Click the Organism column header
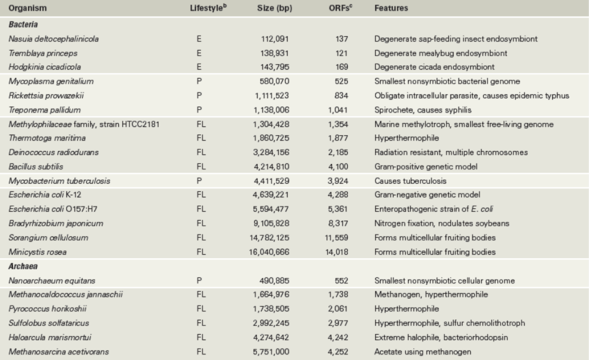pyautogui.click(x=27, y=8)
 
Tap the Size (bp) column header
pyautogui.click(x=275, y=8)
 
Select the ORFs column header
pyautogui.click(x=340, y=8)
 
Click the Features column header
pyautogui.click(x=391, y=8)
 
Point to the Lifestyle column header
pyautogui.click(x=208, y=8)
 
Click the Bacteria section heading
pyautogui.click(x=23, y=25)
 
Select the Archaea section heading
pyautogui.click(x=23, y=266)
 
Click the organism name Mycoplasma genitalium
pyautogui.click(x=51, y=81)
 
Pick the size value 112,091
pyautogui.click(x=275, y=39)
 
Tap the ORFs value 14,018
pyautogui.click(x=337, y=252)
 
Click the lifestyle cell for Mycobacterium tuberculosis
pyautogui.click(x=199, y=181)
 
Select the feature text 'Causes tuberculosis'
pyautogui.click(x=410, y=181)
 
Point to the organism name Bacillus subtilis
pyautogui.click(x=36, y=167)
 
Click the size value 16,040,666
pyautogui.click(x=269, y=252)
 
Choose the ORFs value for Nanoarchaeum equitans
pyautogui.click(x=342, y=280)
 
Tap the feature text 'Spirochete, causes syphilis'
pyautogui.click(x=422, y=110)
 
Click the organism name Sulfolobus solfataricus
pyautogui.click(x=49, y=323)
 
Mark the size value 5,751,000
pyautogui.click(x=271, y=352)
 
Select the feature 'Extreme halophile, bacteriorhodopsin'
pyautogui.click(x=441, y=337)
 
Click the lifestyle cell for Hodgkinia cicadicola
pyautogui.click(x=199, y=67)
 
